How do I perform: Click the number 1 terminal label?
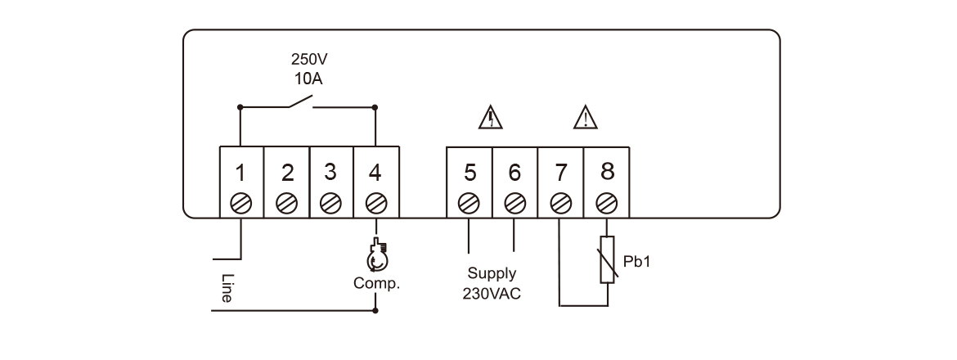(240, 173)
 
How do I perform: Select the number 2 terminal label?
(287, 173)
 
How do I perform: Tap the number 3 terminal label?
(330, 173)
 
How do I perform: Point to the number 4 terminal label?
(375, 173)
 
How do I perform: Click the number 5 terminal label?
(470, 173)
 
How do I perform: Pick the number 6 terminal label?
(514, 173)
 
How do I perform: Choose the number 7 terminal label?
(560, 173)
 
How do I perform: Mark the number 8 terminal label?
(606, 172)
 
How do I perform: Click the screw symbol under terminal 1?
(241, 201)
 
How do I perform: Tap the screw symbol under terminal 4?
(375, 201)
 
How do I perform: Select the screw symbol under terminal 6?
(514, 201)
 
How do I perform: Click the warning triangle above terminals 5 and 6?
(491, 119)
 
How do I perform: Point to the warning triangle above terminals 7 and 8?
(586, 119)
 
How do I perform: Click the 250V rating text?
(309, 60)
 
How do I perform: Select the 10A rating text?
(309, 79)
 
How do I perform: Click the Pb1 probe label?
(637, 262)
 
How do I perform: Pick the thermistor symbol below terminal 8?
(607, 259)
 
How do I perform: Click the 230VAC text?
(492, 292)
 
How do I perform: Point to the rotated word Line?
(227, 288)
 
